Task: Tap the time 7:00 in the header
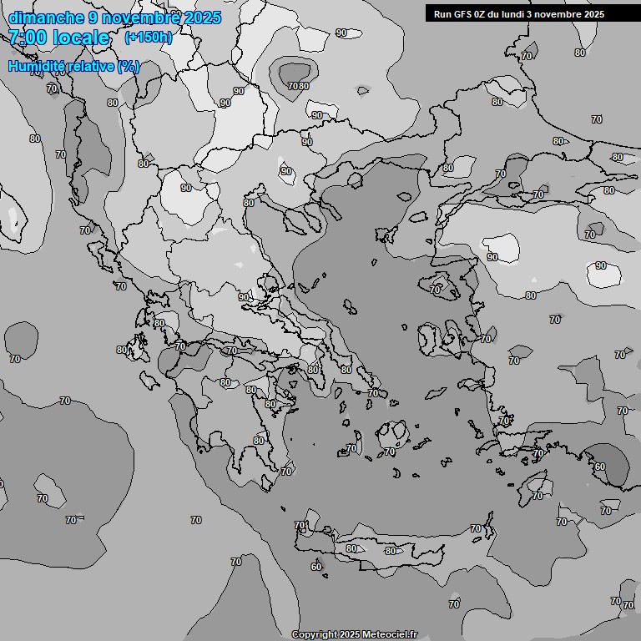click(27, 38)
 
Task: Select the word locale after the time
click(81, 38)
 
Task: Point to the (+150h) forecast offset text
click(149, 37)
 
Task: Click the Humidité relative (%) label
click(74, 66)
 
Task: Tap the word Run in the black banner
click(442, 14)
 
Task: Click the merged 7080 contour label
click(298, 85)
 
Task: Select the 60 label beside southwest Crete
click(315, 567)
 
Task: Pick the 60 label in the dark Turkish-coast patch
click(599, 467)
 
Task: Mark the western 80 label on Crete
click(351, 548)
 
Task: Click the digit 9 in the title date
click(93, 18)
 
